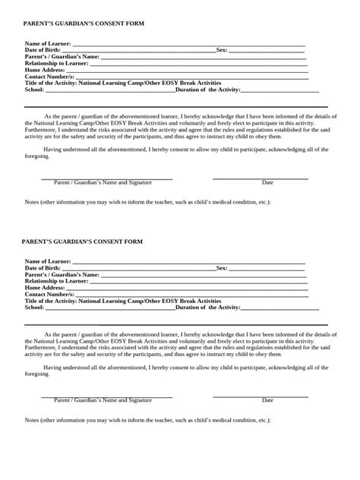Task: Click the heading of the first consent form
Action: pos(84,24)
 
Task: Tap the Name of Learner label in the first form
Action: pos(47,45)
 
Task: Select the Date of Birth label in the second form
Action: pos(43,268)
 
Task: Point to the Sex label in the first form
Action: pos(222,51)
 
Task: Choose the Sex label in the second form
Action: pos(222,268)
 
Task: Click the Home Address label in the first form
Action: pos(45,70)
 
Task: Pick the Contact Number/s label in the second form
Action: pos(50,293)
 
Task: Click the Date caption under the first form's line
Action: pos(267,183)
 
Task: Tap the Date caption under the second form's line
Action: pos(267,400)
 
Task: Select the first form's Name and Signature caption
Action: pos(103,183)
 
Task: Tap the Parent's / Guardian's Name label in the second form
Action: pos(62,274)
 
